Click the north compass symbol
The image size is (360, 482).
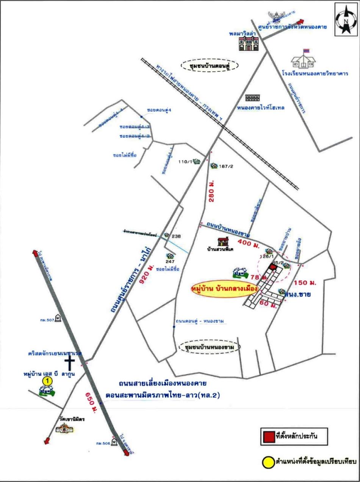coord(346,19)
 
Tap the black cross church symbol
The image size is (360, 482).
coord(70,363)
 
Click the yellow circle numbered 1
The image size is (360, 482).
coord(47,381)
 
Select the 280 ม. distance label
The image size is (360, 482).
coord(211,192)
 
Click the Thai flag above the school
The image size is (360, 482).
coord(306,51)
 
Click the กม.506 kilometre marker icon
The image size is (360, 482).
coord(114,443)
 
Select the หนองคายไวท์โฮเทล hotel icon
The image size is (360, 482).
coord(252,98)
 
